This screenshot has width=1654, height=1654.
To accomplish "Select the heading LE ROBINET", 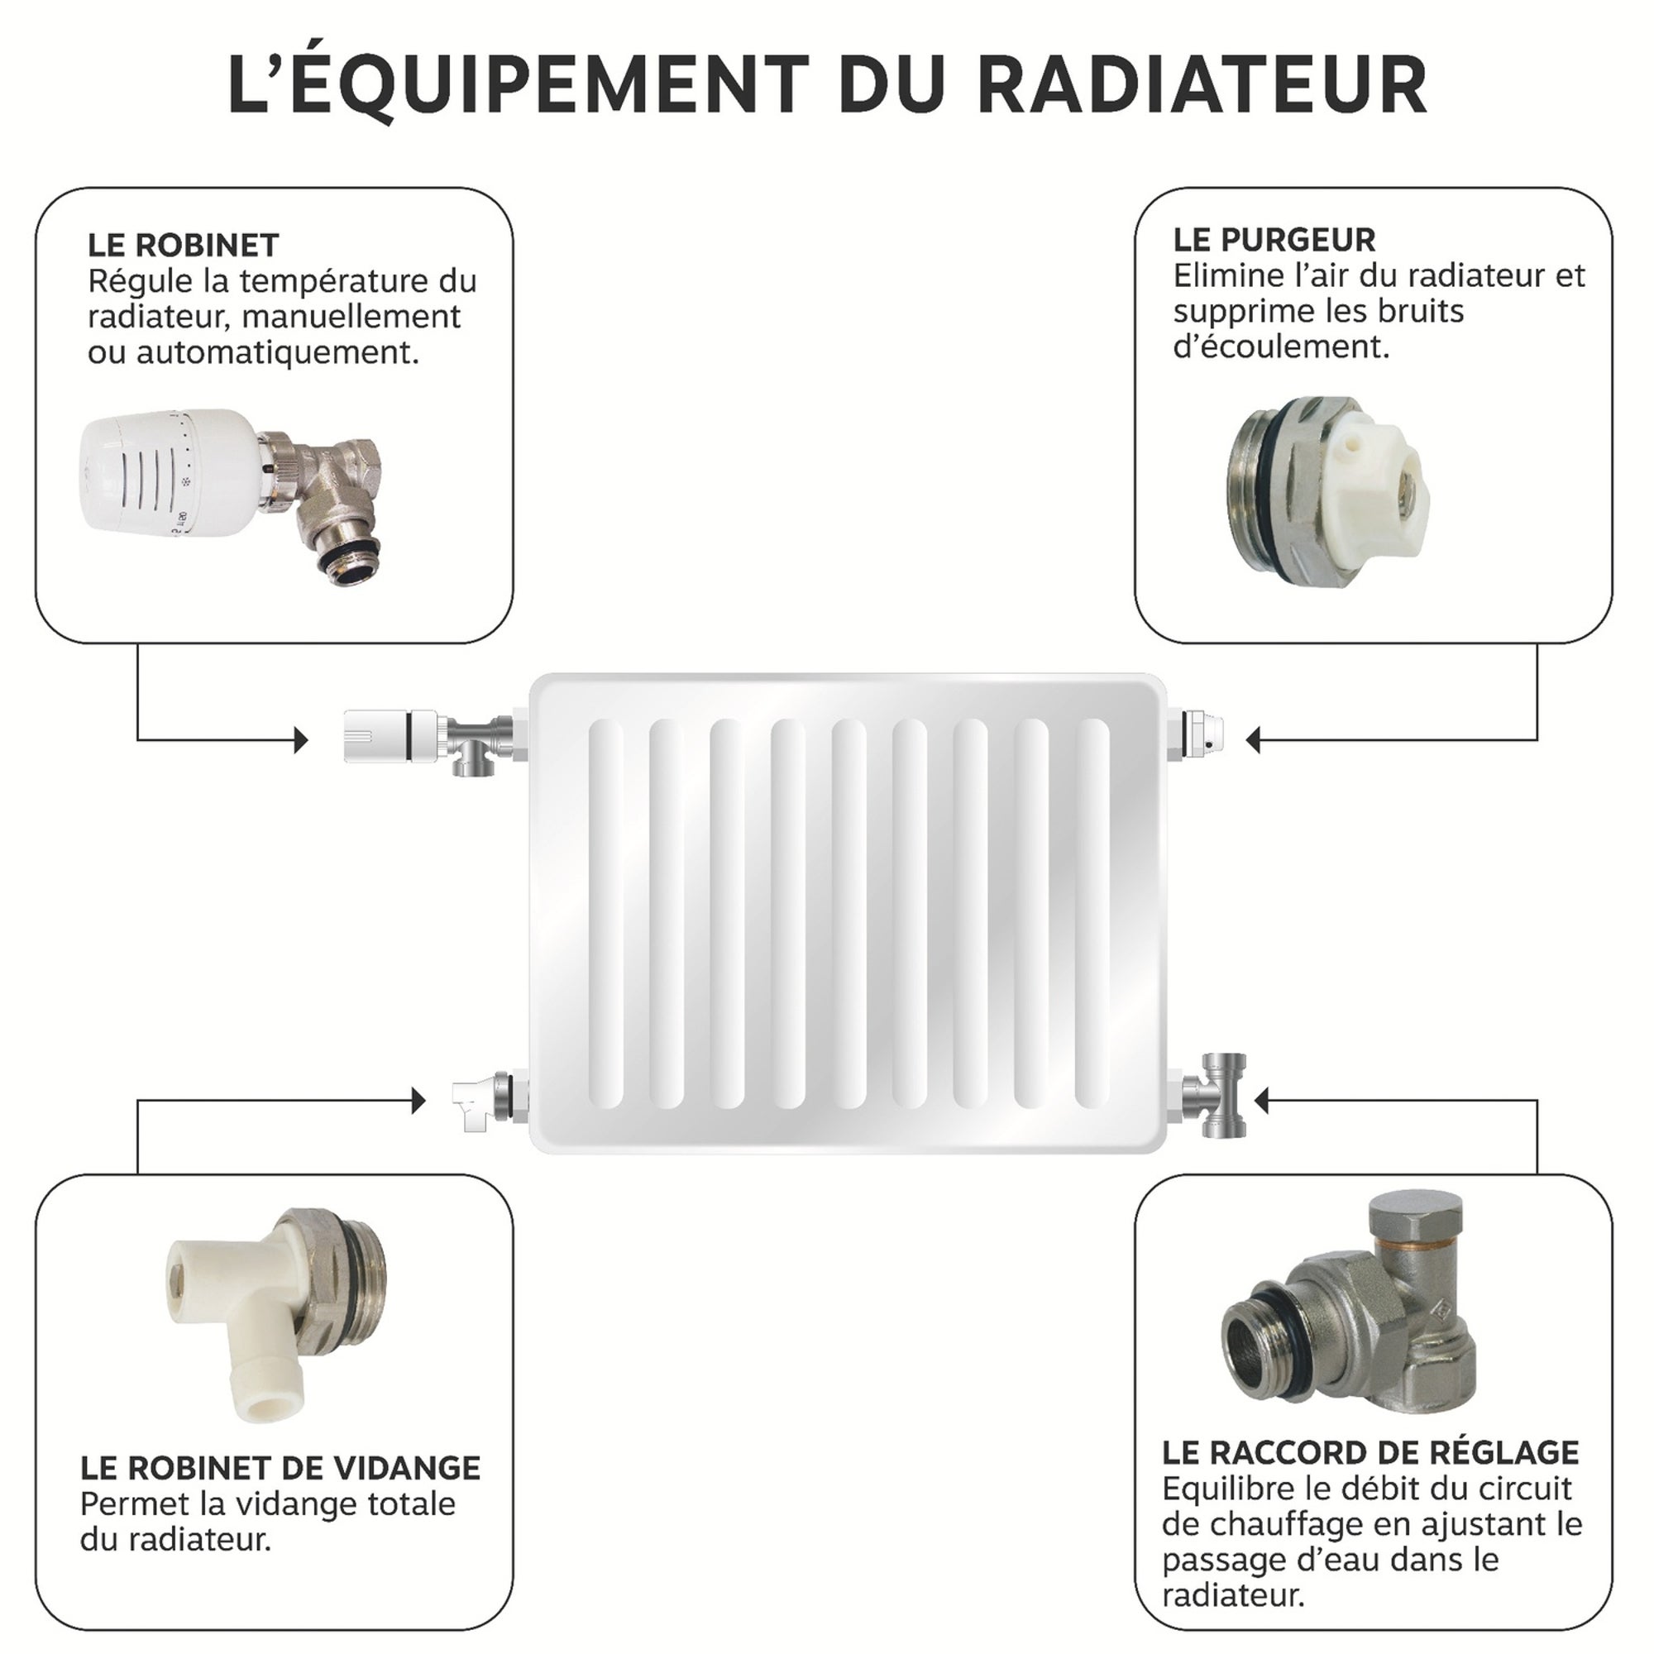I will coord(184,246).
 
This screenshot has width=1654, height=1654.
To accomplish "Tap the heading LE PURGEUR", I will coord(1274,240).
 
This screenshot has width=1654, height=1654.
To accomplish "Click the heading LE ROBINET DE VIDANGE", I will coord(280,1467).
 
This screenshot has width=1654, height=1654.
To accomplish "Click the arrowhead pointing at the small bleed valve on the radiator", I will coord(1252,739).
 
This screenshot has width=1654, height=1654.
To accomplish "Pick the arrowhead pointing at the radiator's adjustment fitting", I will coord(1261,1101).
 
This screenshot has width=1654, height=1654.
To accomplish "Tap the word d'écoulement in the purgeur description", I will coord(1280,347).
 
